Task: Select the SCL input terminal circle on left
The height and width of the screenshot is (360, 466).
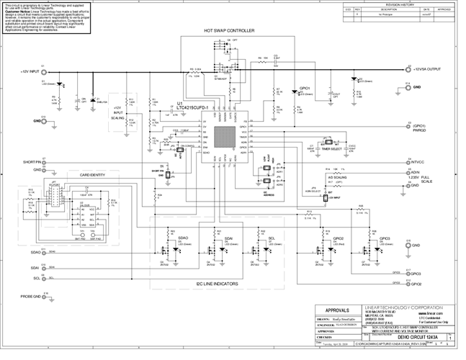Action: [x=43, y=277]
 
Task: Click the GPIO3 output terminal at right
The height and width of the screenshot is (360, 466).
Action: [x=408, y=273]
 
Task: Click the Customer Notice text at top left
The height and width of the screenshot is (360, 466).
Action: [x=17, y=12]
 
